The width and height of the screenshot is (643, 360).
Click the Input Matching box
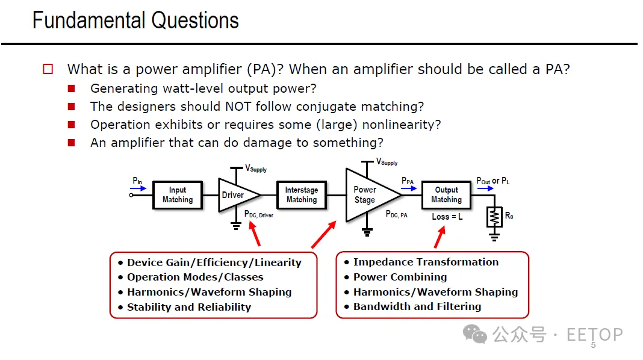(x=178, y=194)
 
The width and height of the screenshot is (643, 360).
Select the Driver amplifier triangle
(x=235, y=195)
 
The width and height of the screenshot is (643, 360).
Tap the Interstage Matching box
(x=301, y=194)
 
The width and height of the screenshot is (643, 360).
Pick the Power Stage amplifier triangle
(x=368, y=194)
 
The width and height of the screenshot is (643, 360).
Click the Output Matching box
(x=446, y=194)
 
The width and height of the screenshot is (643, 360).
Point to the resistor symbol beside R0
(x=494, y=217)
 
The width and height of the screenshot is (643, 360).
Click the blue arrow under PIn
(x=138, y=188)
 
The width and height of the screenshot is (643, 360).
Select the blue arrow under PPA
(x=407, y=188)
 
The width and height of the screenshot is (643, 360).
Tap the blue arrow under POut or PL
(x=485, y=188)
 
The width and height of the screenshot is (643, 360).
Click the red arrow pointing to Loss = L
(x=440, y=237)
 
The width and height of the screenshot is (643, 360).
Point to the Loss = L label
(x=447, y=217)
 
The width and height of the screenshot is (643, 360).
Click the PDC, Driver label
(x=259, y=214)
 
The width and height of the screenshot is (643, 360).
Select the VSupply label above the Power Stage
(x=387, y=162)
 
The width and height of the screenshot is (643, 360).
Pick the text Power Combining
(x=400, y=277)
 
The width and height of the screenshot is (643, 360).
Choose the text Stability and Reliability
(x=188, y=307)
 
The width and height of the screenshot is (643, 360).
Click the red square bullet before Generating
(x=72, y=88)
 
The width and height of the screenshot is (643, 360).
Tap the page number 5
(x=593, y=346)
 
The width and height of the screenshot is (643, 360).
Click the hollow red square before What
(x=48, y=69)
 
